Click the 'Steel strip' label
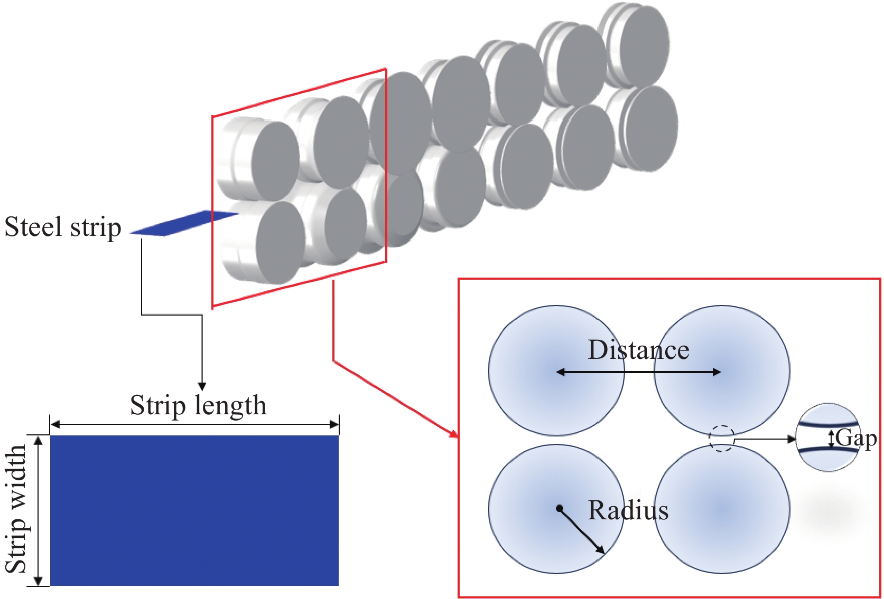pyautogui.click(x=63, y=227)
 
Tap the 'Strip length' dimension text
pyautogui.click(x=198, y=405)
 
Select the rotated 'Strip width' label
pyautogui.click(x=16, y=509)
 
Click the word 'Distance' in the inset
pyautogui.click(x=638, y=350)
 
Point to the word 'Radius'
pyautogui.click(x=628, y=510)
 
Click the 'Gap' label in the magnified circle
pyautogui.click(x=855, y=438)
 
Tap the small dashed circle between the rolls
pyautogui.click(x=721, y=439)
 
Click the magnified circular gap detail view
pyautogui.click(x=828, y=437)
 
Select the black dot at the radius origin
pyautogui.click(x=559, y=509)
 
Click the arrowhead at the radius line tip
pyautogui.click(x=601, y=550)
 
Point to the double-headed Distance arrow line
pyautogui.click(x=638, y=372)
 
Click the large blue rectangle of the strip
pyautogui.click(x=194, y=510)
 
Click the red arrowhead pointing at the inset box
pyautogui.click(x=453, y=434)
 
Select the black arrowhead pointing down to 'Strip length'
pyautogui.click(x=201, y=386)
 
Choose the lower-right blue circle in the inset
pyautogui.click(x=722, y=509)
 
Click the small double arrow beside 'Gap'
pyautogui.click(x=831, y=439)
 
